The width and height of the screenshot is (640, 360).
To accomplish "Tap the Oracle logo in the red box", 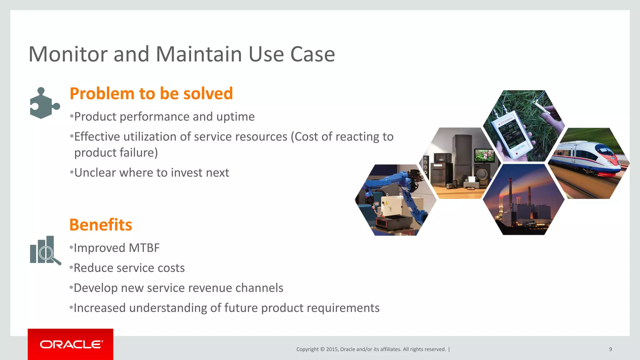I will [71, 344].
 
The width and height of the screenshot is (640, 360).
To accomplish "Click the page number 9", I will [610, 349].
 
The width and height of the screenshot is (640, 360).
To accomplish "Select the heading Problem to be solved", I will [151, 93].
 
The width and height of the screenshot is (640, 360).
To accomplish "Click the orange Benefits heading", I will [101, 225].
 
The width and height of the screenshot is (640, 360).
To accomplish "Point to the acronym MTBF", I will [144, 248].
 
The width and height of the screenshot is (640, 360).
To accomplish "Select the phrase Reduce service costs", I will [129, 268].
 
